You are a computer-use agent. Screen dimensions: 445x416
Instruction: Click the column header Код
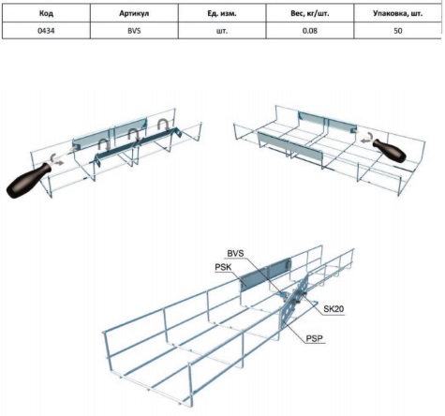(46, 14)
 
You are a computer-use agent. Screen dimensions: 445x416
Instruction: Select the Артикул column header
(134, 14)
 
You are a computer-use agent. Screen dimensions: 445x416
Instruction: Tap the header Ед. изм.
(222, 14)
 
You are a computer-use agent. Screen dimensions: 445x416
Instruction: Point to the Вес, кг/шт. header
(309, 14)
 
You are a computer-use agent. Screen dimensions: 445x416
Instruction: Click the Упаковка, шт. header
(397, 14)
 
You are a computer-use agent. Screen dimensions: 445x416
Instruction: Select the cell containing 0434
(46, 31)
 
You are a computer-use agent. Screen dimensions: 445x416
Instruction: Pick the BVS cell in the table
(134, 31)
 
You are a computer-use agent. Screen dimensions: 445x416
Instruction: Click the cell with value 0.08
(310, 31)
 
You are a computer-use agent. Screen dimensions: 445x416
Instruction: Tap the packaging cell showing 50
(398, 31)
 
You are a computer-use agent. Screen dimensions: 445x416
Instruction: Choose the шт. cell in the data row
(222, 31)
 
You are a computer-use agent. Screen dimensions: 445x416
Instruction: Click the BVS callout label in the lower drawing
(235, 253)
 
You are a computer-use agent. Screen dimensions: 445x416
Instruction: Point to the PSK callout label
(223, 268)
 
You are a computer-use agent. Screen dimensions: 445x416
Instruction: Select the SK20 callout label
(334, 309)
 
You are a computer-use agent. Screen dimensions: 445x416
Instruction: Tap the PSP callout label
(314, 338)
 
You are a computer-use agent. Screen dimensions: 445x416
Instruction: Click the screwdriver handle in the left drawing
(28, 181)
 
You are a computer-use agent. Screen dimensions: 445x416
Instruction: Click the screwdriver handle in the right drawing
(390, 151)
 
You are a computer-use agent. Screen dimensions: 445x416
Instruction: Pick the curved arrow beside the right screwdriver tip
(366, 139)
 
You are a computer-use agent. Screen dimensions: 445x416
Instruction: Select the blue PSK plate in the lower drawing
(265, 273)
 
